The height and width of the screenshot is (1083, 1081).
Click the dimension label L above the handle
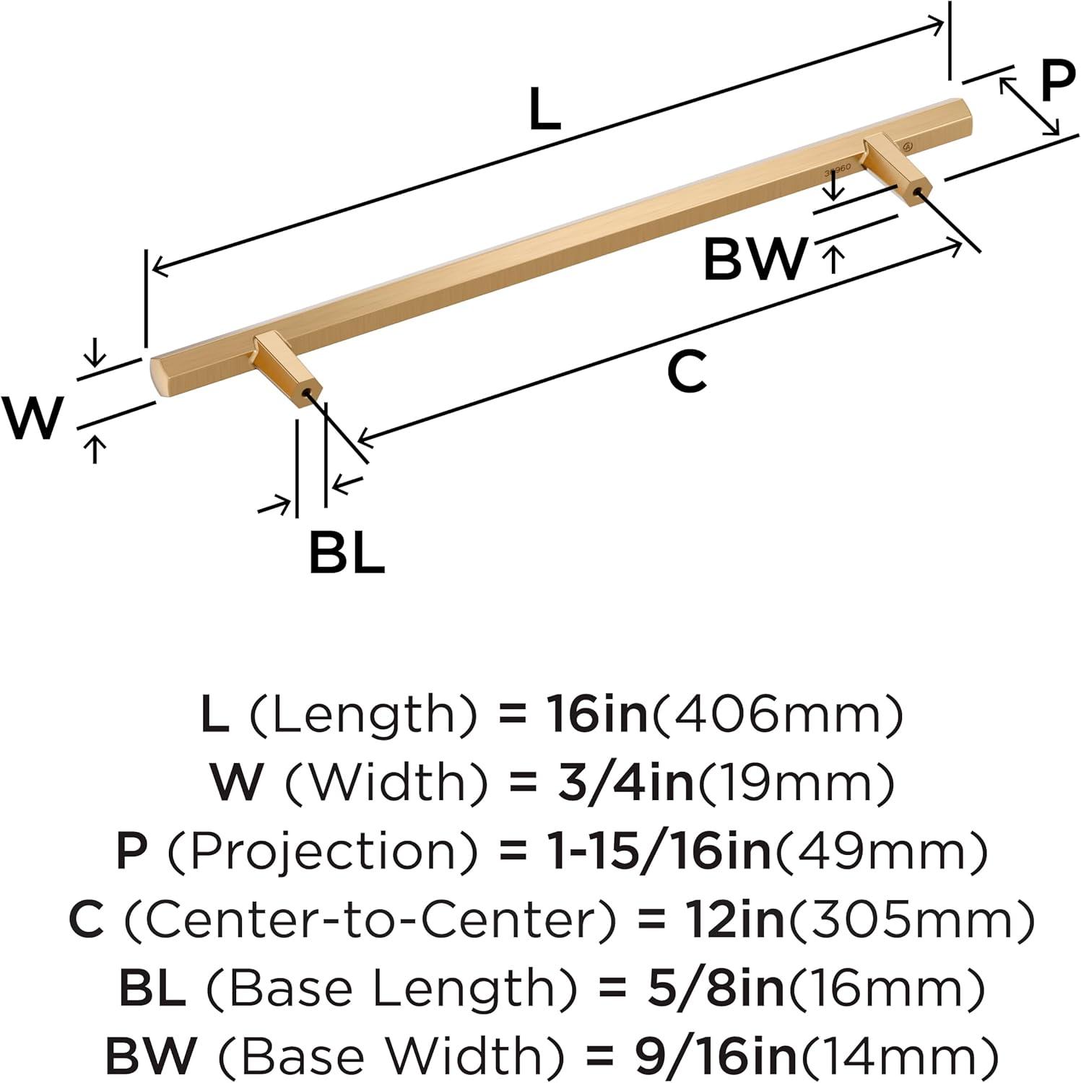pyautogui.click(x=544, y=110)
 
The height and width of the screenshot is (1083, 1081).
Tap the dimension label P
pyautogui.click(x=1057, y=82)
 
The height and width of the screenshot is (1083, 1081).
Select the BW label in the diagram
pyautogui.click(x=754, y=259)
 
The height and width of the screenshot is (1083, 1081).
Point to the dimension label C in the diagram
pyautogui.click(x=686, y=372)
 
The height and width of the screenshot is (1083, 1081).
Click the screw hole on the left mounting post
pyautogui.click(x=308, y=393)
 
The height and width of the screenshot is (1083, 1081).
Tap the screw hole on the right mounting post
pyautogui.click(x=918, y=191)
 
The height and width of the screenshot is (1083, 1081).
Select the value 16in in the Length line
pyautogui.click(x=596, y=713)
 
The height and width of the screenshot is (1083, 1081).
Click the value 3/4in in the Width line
pyautogui.click(x=625, y=782)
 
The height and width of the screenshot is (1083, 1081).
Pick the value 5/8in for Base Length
pyautogui.click(x=715, y=988)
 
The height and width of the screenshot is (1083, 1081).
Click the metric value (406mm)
pyautogui.click(x=777, y=713)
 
